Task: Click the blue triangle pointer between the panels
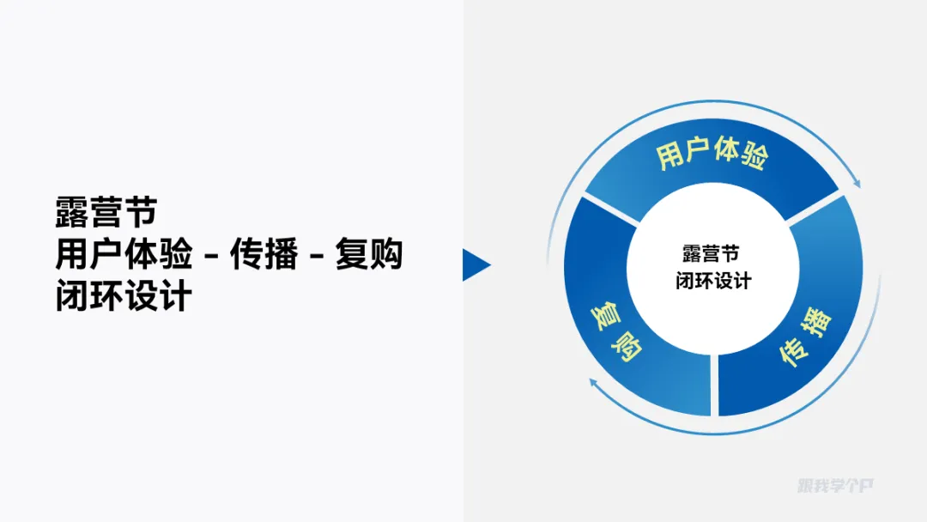point(476,264)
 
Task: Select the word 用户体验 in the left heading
point(124,255)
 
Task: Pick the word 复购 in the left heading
point(368,255)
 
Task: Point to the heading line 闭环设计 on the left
point(124,296)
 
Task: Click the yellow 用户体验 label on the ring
point(712,155)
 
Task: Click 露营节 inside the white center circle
point(712,254)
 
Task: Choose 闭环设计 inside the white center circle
point(712,281)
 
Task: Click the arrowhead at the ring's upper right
point(855,180)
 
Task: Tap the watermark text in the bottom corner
point(834,486)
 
